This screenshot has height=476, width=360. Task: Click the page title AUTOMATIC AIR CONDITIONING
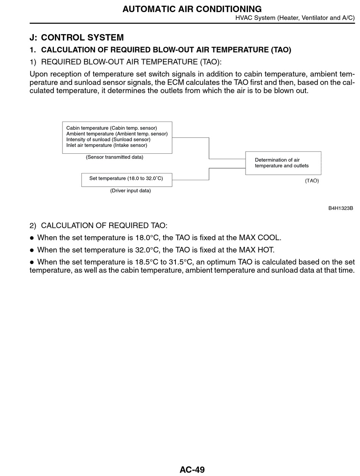[x=192, y=9]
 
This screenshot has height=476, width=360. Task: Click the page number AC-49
[x=192, y=470]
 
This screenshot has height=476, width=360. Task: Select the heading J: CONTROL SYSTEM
[x=77, y=37]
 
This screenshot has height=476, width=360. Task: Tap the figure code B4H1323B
[x=341, y=208]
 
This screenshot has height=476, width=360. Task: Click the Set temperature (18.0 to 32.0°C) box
[x=127, y=179]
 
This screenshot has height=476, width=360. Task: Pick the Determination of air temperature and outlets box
[x=283, y=163]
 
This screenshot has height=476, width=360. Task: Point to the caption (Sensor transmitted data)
[x=114, y=157]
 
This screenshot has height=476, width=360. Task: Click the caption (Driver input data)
[x=130, y=191]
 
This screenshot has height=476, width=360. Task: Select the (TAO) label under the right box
[x=312, y=181]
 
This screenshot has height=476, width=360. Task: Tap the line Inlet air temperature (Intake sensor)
[x=106, y=145]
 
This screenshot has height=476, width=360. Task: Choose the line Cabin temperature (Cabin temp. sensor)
[x=111, y=128]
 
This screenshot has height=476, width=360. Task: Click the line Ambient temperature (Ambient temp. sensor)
[x=117, y=134]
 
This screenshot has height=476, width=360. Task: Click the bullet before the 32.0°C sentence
[x=32, y=250]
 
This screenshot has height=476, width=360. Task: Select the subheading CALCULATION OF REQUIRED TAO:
[x=104, y=226]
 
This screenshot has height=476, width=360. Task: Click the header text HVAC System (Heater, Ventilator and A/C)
[x=295, y=18]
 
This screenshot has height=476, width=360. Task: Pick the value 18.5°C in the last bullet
[x=149, y=262]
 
